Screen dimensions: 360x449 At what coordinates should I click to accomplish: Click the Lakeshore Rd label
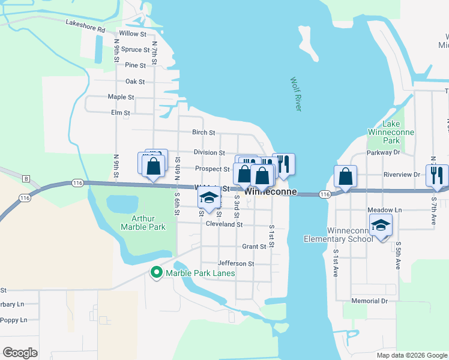(x=85, y=26)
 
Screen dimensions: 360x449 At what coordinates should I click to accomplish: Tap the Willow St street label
(x=133, y=34)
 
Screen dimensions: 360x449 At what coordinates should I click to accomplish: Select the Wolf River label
(x=295, y=94)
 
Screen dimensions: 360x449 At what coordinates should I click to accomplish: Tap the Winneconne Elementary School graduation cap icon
(x=381, y=225)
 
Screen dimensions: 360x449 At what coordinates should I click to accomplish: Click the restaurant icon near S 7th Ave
(x=437, y=175)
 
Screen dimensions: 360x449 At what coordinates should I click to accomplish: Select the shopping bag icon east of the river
(x=345, y=176)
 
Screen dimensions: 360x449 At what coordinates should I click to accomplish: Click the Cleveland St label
(x=224, y=224)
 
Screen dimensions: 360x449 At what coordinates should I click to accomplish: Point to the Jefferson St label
(x=236, y=263)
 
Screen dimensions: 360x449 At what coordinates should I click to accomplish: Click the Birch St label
(x=203, y=133)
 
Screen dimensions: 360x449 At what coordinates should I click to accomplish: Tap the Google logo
(x=20, y=353)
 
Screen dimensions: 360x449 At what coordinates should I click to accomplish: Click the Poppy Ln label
(x=13, y=320)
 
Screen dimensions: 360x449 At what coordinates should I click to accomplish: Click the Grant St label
(x=254, y=247)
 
